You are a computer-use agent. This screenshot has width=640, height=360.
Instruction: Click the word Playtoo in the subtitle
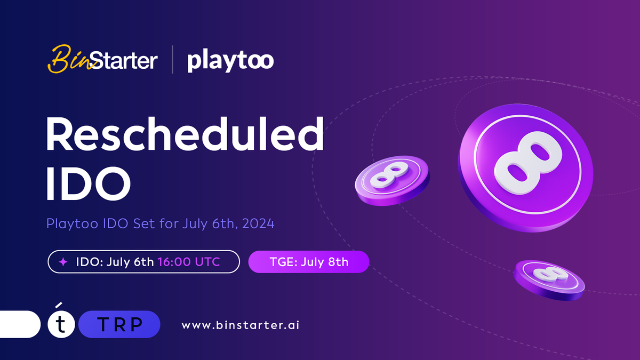tap(67, 223)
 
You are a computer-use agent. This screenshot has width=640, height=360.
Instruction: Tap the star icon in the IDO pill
tap(63, 262)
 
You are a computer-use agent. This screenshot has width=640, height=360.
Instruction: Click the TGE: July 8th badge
tap(309, 262)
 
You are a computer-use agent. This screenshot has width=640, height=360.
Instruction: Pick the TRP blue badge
tap(119, 325)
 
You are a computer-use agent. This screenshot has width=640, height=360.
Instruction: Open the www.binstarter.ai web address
tap(241, 325)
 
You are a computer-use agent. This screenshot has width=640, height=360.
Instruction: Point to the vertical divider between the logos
tap(173, 60)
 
